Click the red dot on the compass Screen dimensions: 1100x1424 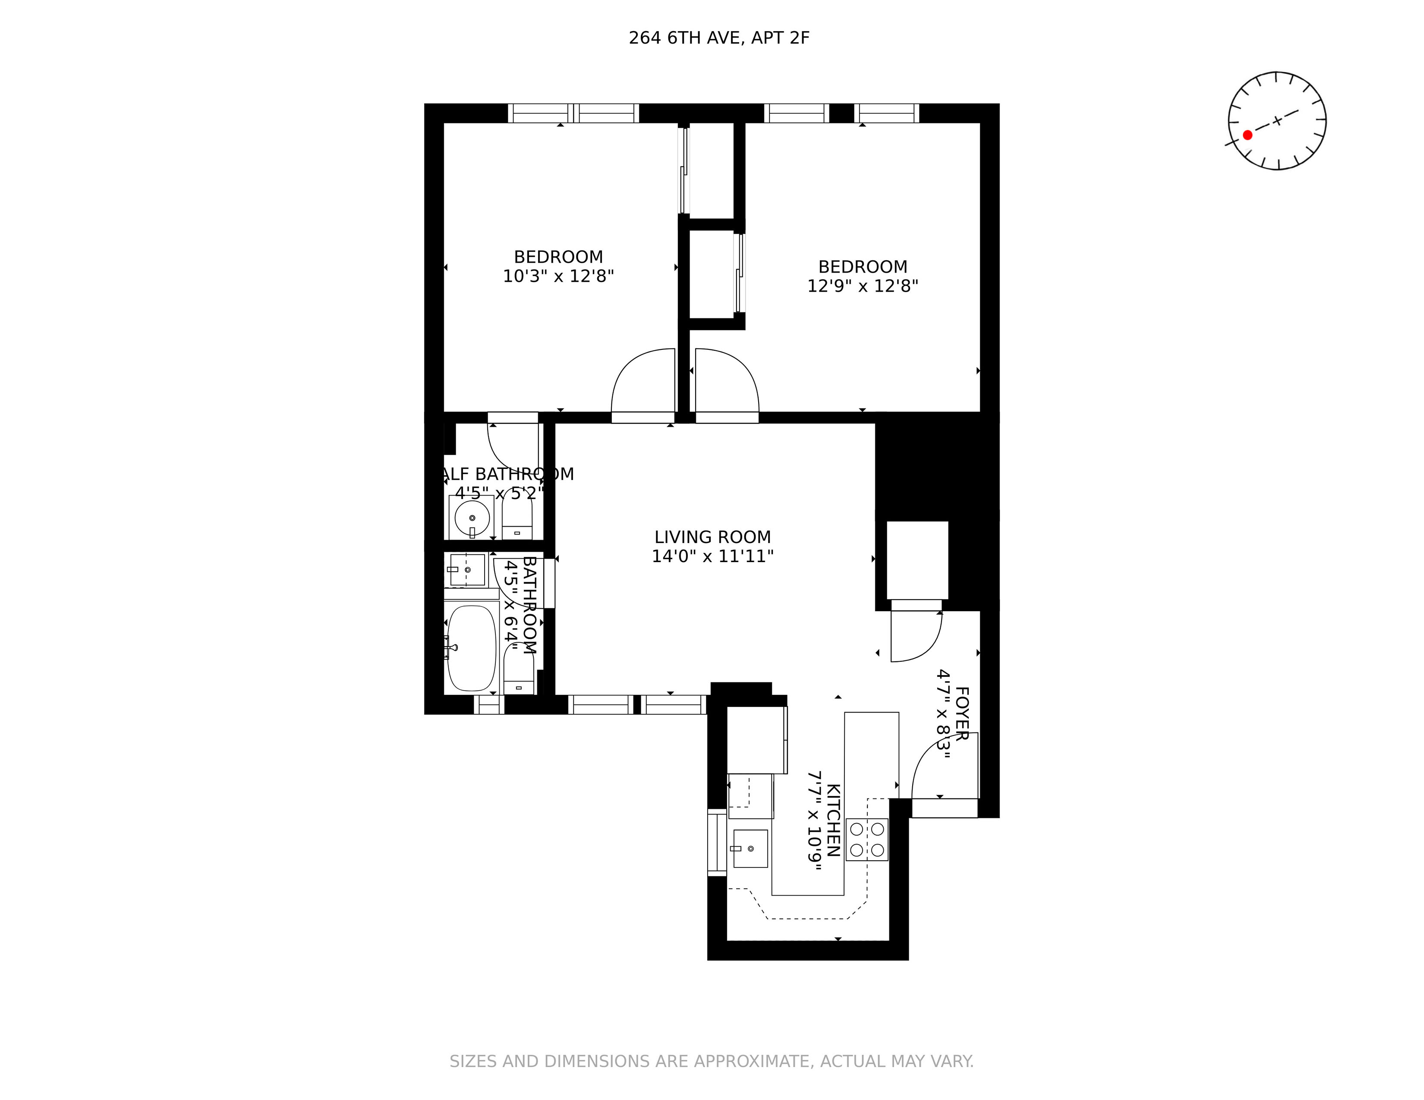[1248, 135]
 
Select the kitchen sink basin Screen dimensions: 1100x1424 [750, 849]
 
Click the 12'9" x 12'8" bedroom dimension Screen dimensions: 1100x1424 [862, 286]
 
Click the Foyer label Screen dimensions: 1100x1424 [961, 712]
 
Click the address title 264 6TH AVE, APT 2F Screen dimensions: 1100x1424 [718, 38]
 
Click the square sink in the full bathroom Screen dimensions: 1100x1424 [467, 569]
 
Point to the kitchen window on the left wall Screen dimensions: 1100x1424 [717, 842]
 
